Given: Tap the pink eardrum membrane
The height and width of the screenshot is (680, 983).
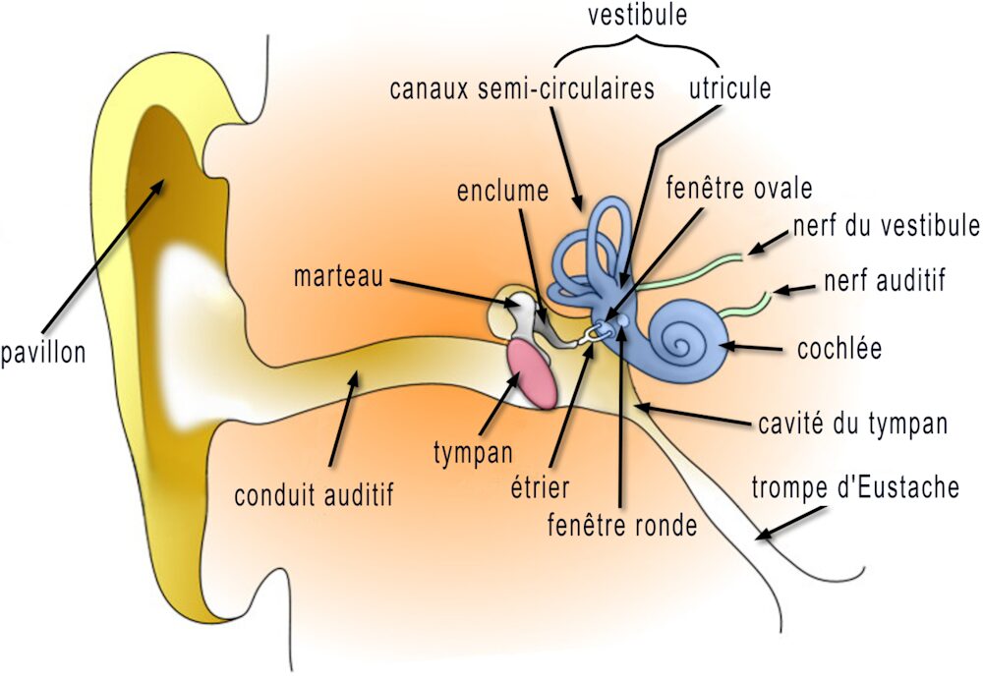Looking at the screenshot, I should pos(533,374).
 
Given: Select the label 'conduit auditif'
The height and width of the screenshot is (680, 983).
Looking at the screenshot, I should pos(314,494).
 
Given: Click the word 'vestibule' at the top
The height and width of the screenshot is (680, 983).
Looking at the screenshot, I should pos(636,17).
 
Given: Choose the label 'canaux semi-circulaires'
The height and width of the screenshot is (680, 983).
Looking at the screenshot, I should pos(521,88).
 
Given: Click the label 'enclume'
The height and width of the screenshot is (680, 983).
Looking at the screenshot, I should pos(502,192).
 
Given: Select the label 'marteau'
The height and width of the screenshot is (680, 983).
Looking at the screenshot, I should pos(337,276).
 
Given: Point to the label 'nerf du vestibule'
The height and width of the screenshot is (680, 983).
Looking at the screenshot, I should pos(886,225).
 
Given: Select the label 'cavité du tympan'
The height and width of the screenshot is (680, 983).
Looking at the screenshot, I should pos(852,424).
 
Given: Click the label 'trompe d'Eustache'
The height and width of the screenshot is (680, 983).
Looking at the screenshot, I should pos(854,488).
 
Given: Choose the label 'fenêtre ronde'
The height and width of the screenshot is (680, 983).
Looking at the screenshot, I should pos(621,525).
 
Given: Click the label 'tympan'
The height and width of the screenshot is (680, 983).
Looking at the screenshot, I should pos(473,453).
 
